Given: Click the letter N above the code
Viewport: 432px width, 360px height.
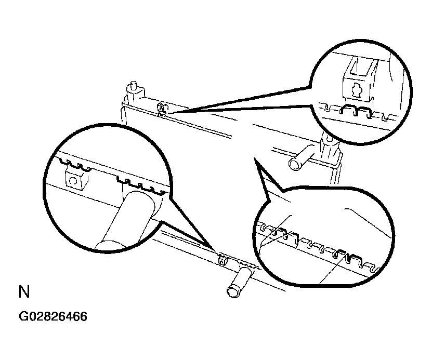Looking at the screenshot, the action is [24, 292].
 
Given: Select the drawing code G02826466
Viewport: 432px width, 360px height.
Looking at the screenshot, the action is [53, 316].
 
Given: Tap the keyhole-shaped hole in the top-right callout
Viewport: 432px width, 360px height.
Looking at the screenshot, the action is [357, 90].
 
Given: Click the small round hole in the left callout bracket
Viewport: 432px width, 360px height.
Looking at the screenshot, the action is [73, 181].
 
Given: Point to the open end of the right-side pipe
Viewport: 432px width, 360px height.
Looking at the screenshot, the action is [295, 165].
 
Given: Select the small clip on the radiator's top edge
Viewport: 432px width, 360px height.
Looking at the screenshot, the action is [162, 109].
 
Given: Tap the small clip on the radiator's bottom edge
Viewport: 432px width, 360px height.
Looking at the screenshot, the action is [222, 260].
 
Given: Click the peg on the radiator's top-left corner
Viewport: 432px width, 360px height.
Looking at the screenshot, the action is [134, 85].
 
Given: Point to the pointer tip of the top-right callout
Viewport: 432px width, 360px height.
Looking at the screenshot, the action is [167, 113].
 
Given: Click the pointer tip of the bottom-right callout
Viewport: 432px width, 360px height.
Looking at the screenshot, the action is [254, 158].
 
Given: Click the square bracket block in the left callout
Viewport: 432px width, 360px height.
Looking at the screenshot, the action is [76, 179].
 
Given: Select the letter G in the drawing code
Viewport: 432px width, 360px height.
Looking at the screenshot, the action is [23, 316].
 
